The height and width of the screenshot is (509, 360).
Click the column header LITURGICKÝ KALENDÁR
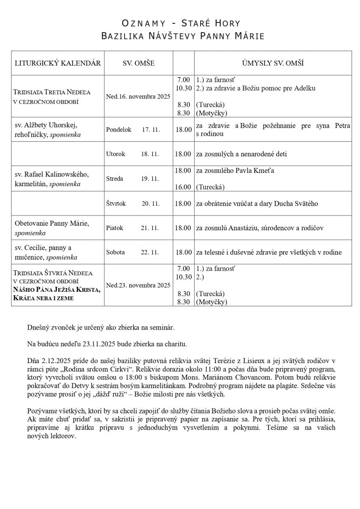click(x=58, y=63)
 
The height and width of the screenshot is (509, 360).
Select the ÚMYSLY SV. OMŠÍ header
click(x=273, y=63)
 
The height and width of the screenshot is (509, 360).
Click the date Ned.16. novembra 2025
click(x=138, y=96)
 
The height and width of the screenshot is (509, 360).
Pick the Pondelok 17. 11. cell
click(x=133, y=129)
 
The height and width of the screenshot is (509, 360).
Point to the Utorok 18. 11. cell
click(x=132, y=154)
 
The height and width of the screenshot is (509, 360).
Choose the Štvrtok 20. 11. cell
click(x=133, y=204)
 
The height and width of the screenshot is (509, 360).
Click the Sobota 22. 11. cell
click(x=132, y=252)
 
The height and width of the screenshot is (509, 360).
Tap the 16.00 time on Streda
click(x=183, y=187)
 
